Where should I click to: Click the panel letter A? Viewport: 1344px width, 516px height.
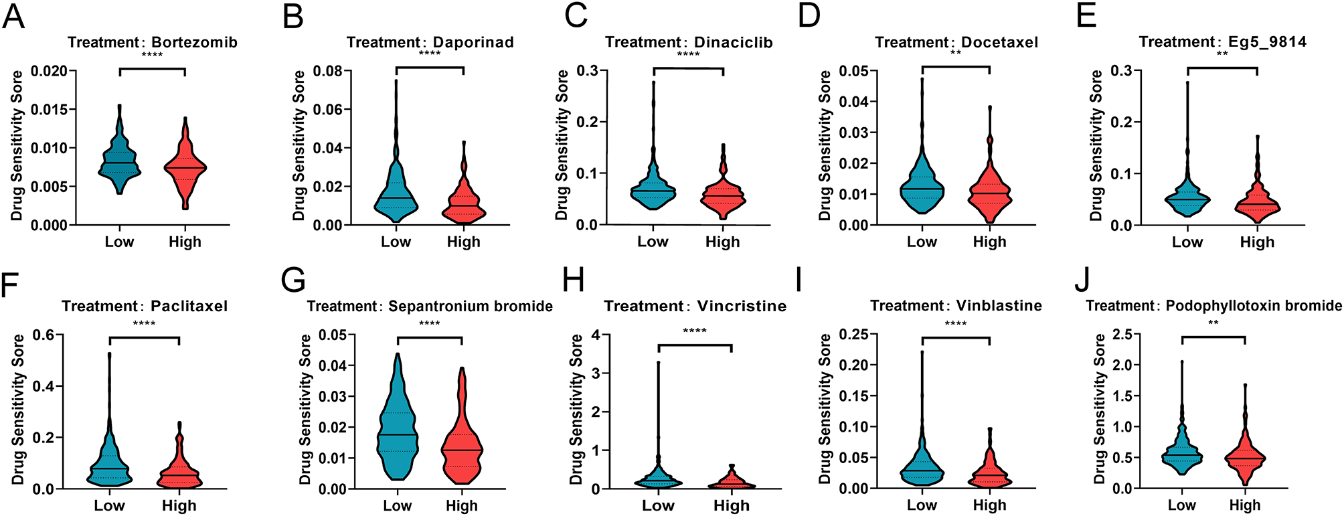tap(13, 16)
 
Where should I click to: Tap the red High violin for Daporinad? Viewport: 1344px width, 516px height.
tap(463, 201)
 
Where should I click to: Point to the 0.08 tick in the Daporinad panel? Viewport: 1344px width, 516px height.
tap(328, 71)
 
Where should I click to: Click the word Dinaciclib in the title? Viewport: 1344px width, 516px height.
tap(733, 42)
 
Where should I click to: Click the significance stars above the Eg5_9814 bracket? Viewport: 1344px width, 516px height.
tap(1222, 54)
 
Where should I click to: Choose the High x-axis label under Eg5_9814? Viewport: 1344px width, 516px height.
tap(1256, 242)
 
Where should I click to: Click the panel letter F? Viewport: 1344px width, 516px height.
tap(9, 284)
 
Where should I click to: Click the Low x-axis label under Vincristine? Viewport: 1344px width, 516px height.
tap(658, 506)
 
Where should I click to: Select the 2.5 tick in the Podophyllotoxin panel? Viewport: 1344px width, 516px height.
tap(1124, 335)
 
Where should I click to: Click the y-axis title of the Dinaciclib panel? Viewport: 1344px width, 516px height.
tap(562, 145)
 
